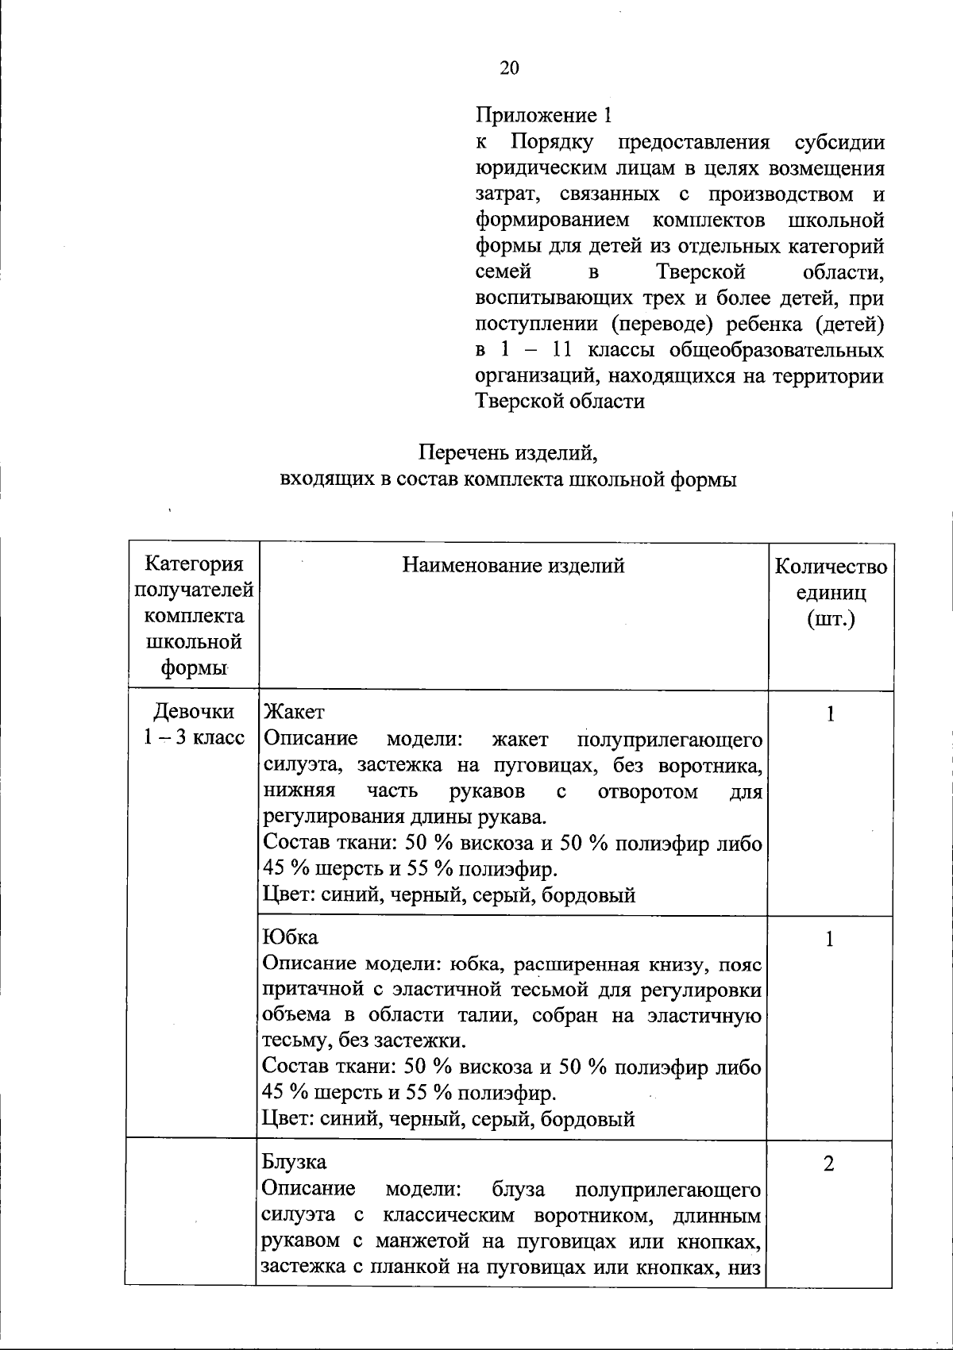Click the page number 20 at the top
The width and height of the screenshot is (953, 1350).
point(509,68)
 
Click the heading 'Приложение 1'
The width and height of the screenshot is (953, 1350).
point(544,116)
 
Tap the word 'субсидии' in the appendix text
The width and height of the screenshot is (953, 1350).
point(839,143)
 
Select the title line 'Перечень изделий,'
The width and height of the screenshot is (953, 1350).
point(507,454)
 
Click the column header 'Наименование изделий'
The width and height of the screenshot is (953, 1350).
point(513,566)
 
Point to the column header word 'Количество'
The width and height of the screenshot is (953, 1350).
point(831,567)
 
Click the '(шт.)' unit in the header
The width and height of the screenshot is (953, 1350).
point(831,617)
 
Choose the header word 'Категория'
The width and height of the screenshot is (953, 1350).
point(194,564)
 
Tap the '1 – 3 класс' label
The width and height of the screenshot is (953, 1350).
point(194,737)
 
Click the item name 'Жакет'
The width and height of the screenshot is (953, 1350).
point(293,711)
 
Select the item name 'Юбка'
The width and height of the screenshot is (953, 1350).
point(290,937)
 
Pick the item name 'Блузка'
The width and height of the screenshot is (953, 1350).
point(294,1162)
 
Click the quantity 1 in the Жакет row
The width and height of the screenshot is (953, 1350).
point(830,715)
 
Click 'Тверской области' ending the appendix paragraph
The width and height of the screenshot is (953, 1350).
point(559,401)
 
